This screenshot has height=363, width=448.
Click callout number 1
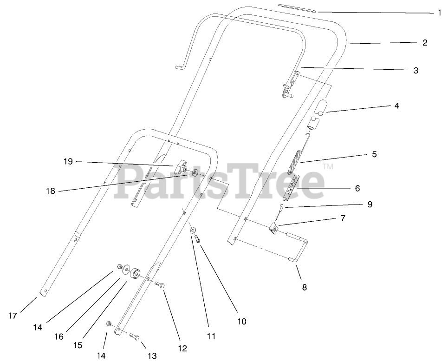439,13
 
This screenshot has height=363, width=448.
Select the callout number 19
68,161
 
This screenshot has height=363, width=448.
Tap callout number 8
305,287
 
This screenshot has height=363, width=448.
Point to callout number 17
13,316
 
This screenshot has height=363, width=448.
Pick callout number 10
242,321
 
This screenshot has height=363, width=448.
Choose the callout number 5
374,154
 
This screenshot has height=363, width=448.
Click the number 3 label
416,71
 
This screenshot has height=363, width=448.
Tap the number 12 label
182,348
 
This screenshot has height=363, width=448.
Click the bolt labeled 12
159,284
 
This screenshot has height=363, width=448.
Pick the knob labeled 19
181,166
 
